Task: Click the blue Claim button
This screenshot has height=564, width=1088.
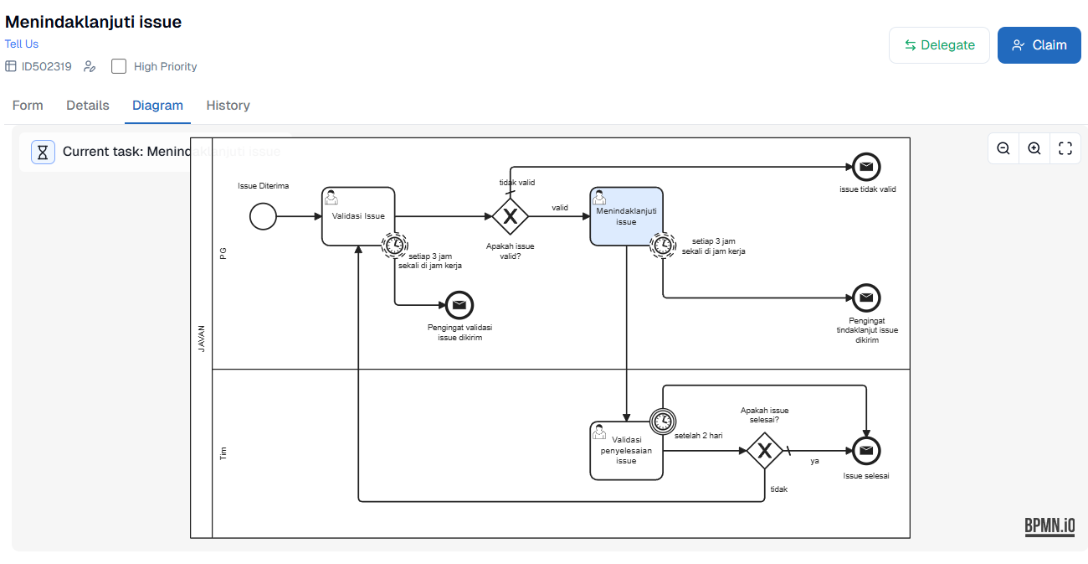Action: point(1039,45)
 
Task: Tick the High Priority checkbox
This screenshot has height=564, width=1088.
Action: point(119,66)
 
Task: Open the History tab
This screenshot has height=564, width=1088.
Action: point(228,106)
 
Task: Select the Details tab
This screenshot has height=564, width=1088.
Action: point(88,106)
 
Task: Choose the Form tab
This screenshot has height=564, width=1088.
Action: point(28,106)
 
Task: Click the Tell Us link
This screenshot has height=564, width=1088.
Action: point(22,44)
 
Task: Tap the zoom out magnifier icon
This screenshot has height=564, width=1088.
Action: point(1003,148)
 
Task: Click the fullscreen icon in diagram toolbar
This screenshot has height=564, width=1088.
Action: point(1065,148)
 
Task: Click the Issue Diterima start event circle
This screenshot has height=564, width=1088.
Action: point(263,216)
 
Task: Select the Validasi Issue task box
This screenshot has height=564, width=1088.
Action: point(358,216)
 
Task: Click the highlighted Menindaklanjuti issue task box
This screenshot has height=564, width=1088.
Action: point(626,216)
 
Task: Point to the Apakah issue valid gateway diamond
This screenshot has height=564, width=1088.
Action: point(510,216)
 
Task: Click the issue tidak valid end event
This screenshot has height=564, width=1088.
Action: point(866,167)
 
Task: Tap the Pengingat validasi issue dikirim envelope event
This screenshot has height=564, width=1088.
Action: point(459,305)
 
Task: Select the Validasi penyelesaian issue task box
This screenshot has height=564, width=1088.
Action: point(626,451)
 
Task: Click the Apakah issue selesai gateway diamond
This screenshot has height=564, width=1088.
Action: point(764,451)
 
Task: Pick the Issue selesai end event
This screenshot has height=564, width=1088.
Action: point(866,451)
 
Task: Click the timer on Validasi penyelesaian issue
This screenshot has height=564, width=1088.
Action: point(662,420)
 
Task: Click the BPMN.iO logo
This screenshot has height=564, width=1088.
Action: point(1050,526)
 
